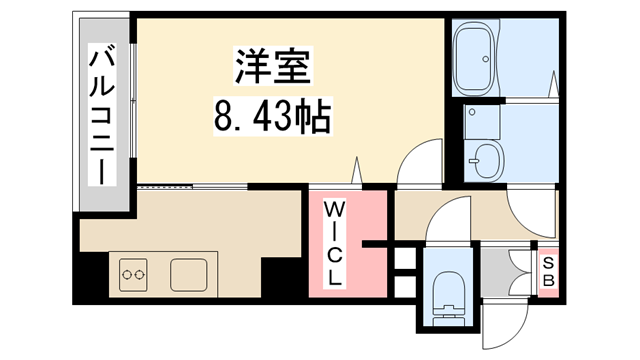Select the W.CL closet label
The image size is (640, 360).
pos(334,244)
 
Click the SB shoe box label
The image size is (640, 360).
pos(548,270)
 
